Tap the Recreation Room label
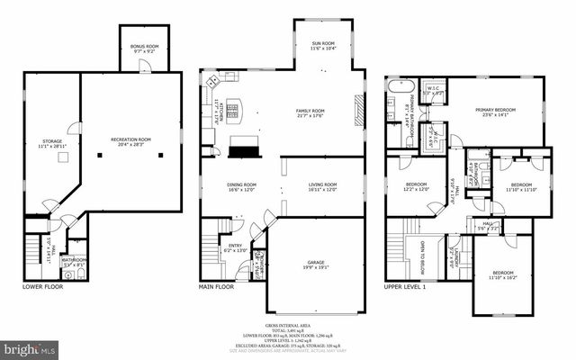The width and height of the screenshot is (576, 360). (x=131, y=142)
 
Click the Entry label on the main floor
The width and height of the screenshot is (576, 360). (x=234, y=247)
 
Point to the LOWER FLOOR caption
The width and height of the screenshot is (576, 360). (x=42, y=287)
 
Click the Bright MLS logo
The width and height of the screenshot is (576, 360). (x=29, y=346)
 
